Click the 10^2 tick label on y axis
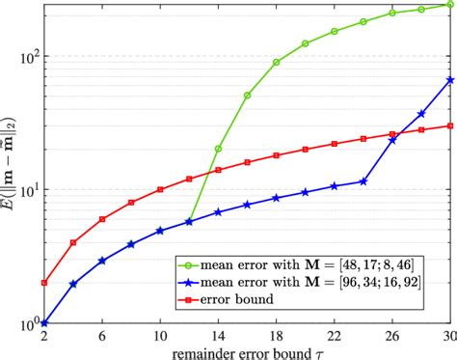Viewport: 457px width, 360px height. click(27, 56)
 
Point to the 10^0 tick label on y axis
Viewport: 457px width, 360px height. click(27, 322)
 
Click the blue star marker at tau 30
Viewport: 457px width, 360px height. click(450, 80)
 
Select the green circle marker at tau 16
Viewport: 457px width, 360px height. click(248, 96)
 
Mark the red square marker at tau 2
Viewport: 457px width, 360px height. click(44, 283)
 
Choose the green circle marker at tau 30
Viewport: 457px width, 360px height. click(450, 4)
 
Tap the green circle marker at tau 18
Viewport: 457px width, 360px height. click(277, 62)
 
